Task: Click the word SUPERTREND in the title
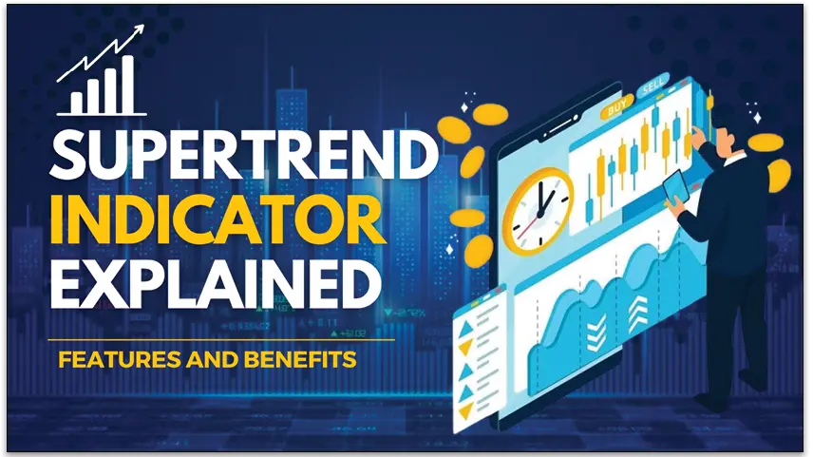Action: [x=244, y=156]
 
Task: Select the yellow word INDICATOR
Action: [x=217, y=221]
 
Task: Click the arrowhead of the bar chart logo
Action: [x=138, y=31]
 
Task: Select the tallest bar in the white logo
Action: [x=127, y=84]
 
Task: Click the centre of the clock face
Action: [x=539, y=212]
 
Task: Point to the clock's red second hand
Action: [x=527, y=224]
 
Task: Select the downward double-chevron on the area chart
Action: [x=596, y=331]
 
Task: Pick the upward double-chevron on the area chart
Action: [x=637, y=313]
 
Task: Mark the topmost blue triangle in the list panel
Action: [x=466, y=328]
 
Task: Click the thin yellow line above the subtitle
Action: [x=221, y=340]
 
